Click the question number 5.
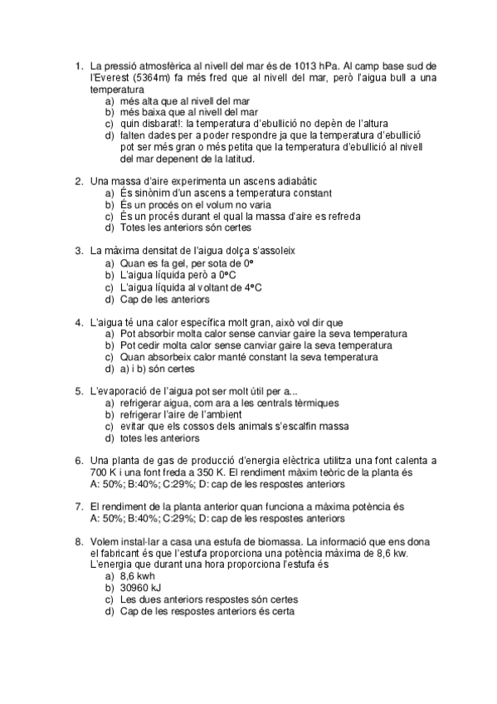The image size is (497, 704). (x=78, y=390)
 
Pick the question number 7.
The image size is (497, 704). (x=78, y=506)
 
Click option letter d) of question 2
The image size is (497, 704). (x=110, y=227)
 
